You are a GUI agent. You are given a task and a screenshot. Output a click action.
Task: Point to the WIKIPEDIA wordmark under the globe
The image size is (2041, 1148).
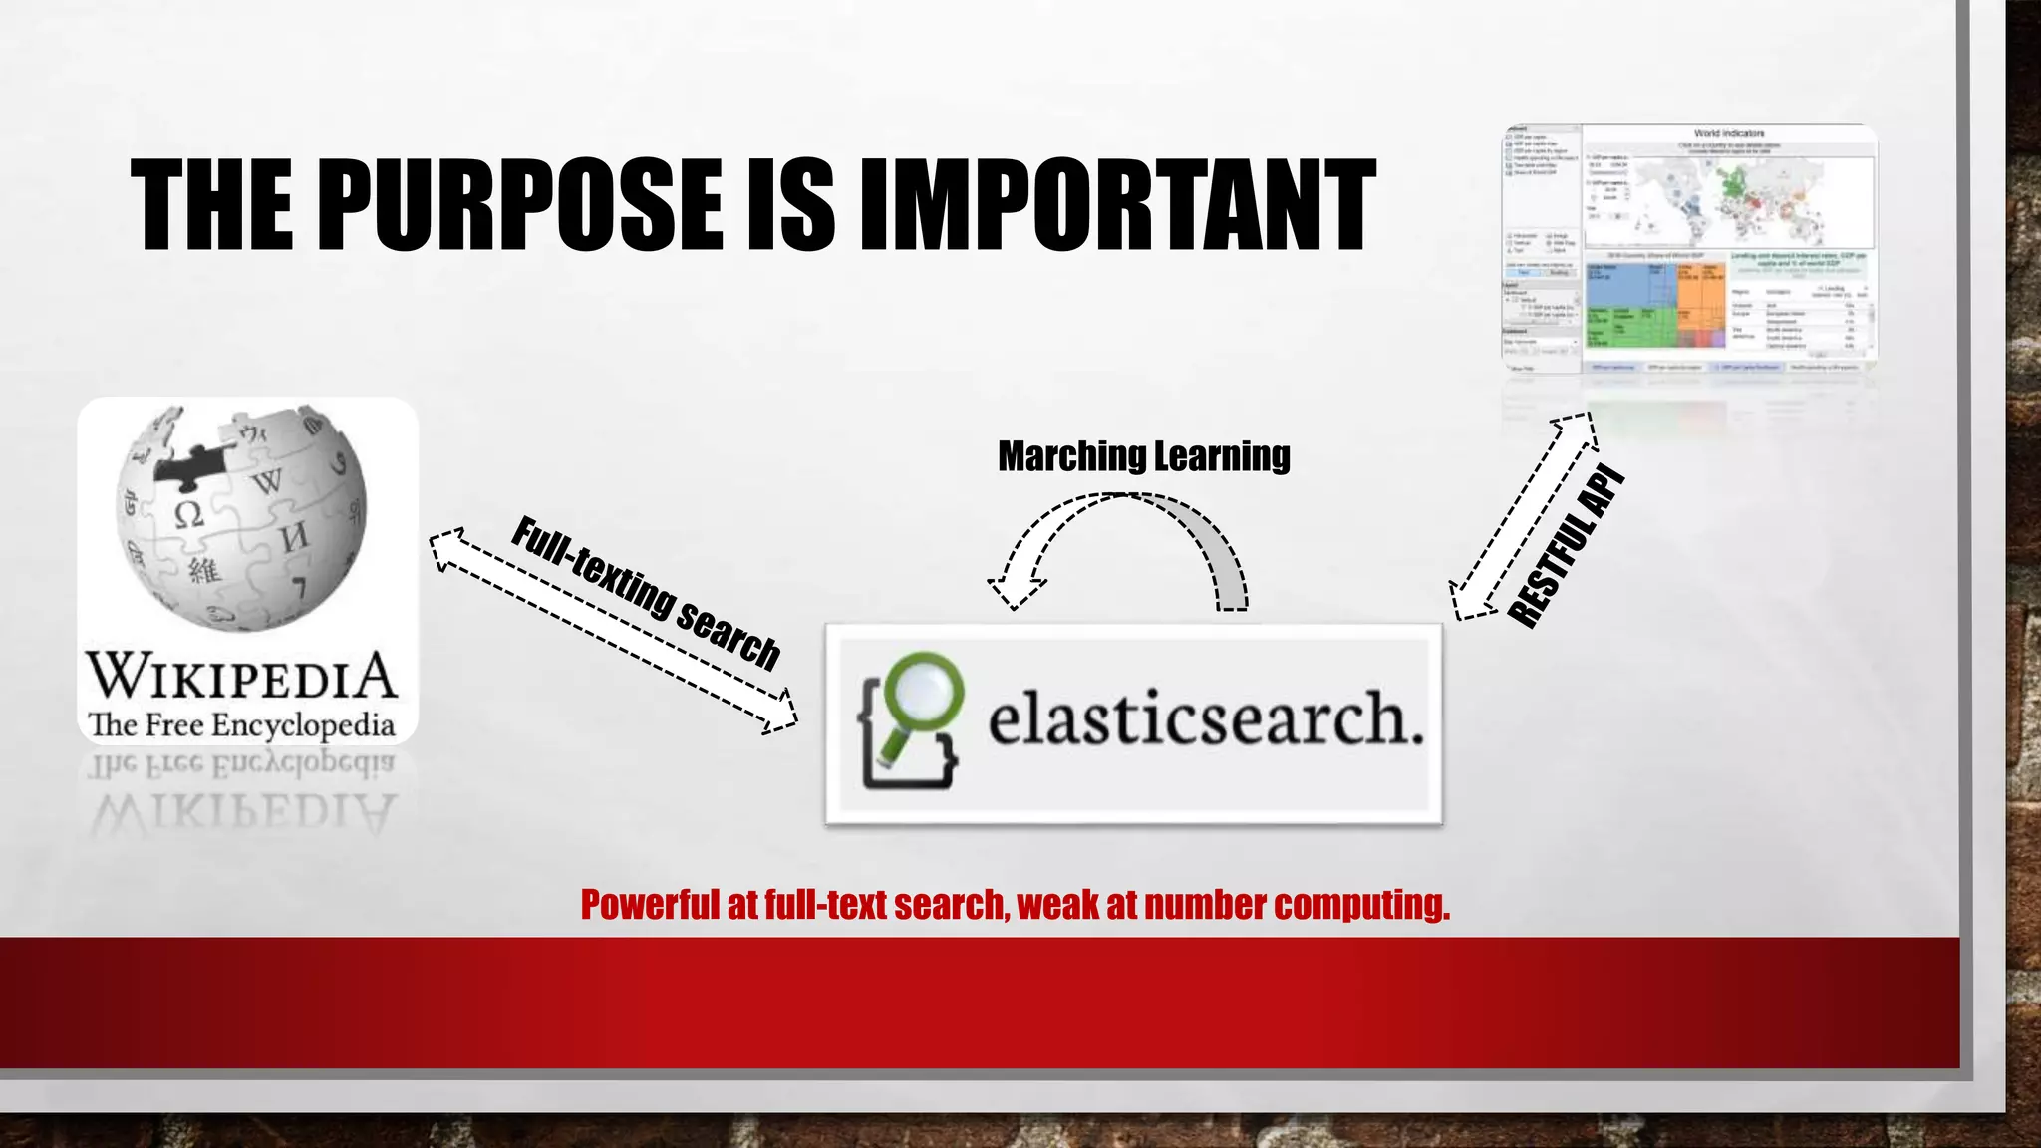tap(242, 676)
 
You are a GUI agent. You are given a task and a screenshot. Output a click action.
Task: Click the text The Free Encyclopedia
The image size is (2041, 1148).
tap(242, 724)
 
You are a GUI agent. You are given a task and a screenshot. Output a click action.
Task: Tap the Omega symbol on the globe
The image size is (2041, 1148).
tap(188, 514)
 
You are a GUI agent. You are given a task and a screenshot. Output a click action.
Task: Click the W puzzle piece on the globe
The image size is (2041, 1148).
tap(267, 482)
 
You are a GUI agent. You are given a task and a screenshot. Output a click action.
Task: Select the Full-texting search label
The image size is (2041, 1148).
tap(645, 593)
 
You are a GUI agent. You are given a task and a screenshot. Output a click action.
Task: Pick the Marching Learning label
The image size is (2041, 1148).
tap(1143, 456)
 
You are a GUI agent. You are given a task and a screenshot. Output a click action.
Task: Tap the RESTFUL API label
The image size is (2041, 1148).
tap(1566, 546)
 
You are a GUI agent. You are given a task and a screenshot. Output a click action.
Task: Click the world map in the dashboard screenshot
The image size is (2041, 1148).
tap(1729, 194)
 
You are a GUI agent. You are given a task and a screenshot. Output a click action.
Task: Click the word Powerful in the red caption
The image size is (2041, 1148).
tap(650, 905)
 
